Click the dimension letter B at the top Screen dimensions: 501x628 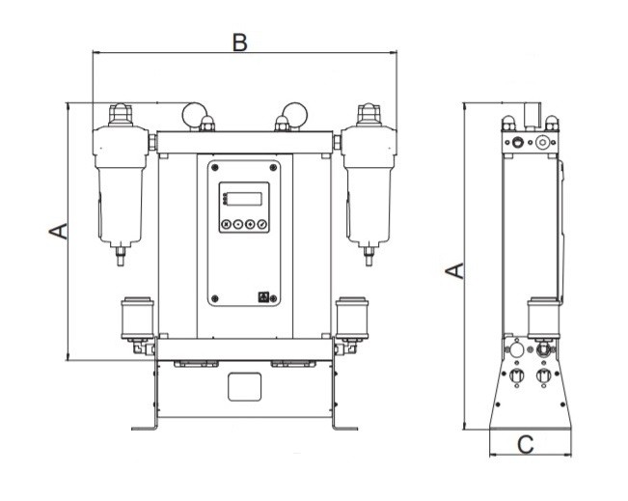point(240,42)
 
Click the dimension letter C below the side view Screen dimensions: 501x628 point(526,445)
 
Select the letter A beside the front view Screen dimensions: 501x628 point(57,232)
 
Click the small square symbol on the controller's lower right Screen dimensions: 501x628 point(263,298)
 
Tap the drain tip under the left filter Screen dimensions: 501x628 point(121,258)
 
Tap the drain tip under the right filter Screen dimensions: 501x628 point(368,258)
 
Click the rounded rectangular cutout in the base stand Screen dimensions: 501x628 point(245,387)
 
